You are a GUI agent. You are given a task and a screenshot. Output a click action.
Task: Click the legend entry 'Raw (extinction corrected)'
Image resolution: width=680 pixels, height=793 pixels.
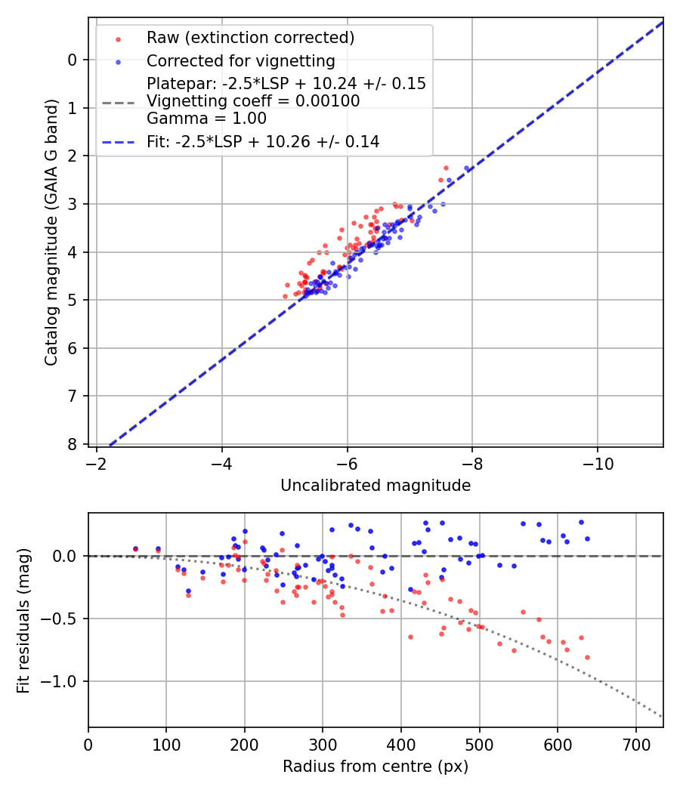[250, 38]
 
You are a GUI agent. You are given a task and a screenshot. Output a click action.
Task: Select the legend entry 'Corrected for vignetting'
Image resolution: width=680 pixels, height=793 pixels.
[240, 60]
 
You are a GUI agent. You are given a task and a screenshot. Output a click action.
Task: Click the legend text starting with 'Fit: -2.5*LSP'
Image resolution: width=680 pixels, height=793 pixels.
[263, 141]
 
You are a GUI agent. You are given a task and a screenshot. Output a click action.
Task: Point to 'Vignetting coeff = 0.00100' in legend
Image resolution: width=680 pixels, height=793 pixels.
[253, 101]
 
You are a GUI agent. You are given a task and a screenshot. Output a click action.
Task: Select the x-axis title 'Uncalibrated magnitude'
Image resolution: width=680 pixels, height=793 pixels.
[376, 486]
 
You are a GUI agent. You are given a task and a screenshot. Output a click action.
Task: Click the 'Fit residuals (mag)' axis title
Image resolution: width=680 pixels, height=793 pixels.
[23, 619]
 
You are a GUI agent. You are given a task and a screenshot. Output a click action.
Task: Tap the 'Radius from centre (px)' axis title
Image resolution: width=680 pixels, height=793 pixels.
[376, 767]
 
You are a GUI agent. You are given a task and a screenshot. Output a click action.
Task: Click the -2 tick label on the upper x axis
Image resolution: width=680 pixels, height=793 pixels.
[97, 461]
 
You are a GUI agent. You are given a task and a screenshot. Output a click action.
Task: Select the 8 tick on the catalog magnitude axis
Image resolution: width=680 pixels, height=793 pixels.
[73, 444]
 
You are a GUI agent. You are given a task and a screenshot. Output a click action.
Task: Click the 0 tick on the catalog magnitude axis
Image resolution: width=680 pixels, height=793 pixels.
[73, 60]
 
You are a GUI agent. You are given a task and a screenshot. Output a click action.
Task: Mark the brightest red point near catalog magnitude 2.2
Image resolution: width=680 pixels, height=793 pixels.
[446, 168]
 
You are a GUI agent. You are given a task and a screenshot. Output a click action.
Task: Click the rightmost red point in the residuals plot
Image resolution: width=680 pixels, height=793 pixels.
[587, 657]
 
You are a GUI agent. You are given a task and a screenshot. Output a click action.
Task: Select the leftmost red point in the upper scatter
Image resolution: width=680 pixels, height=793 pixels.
[285, 296]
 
